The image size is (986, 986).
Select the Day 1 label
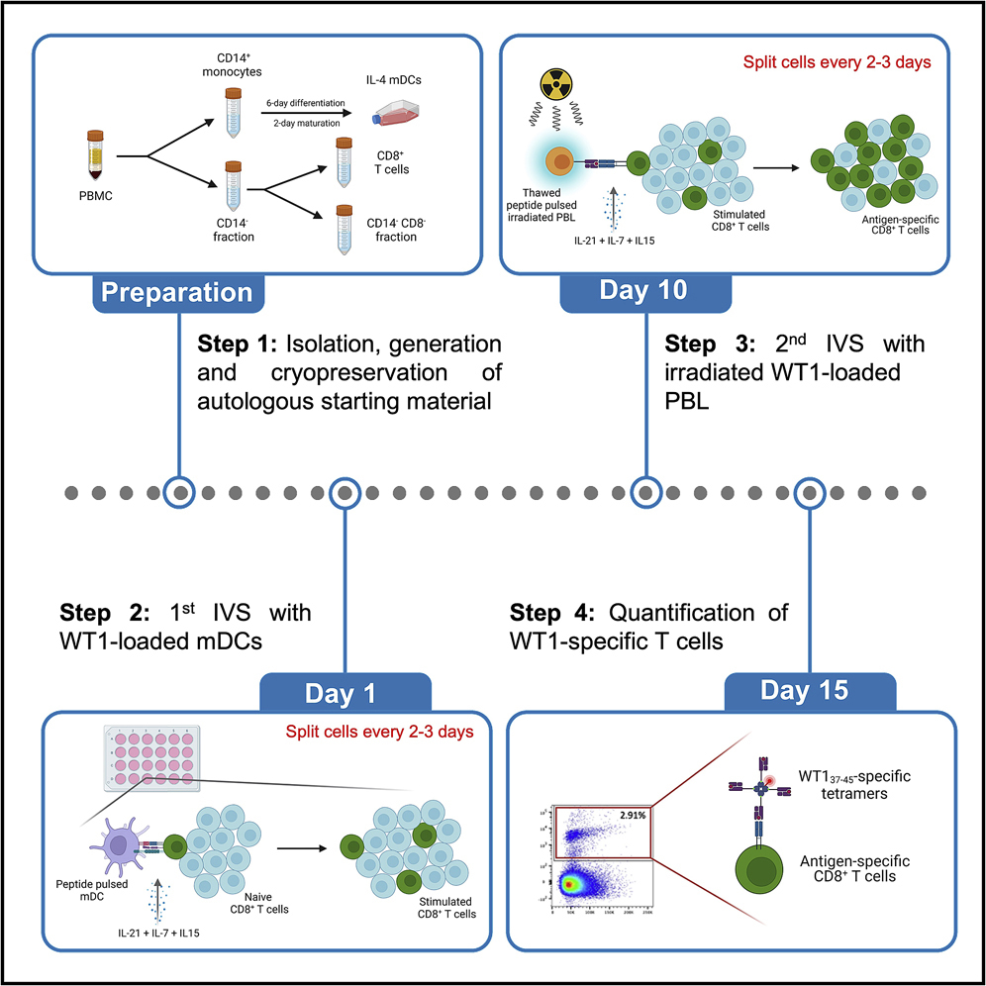pos(345,692)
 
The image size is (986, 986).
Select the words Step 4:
pos(554,610)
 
